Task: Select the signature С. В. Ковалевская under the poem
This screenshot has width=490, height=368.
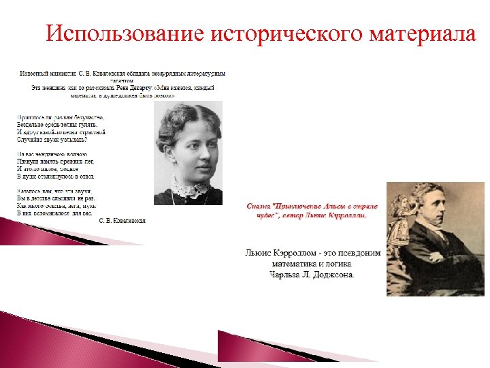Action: tap(122, 220)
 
